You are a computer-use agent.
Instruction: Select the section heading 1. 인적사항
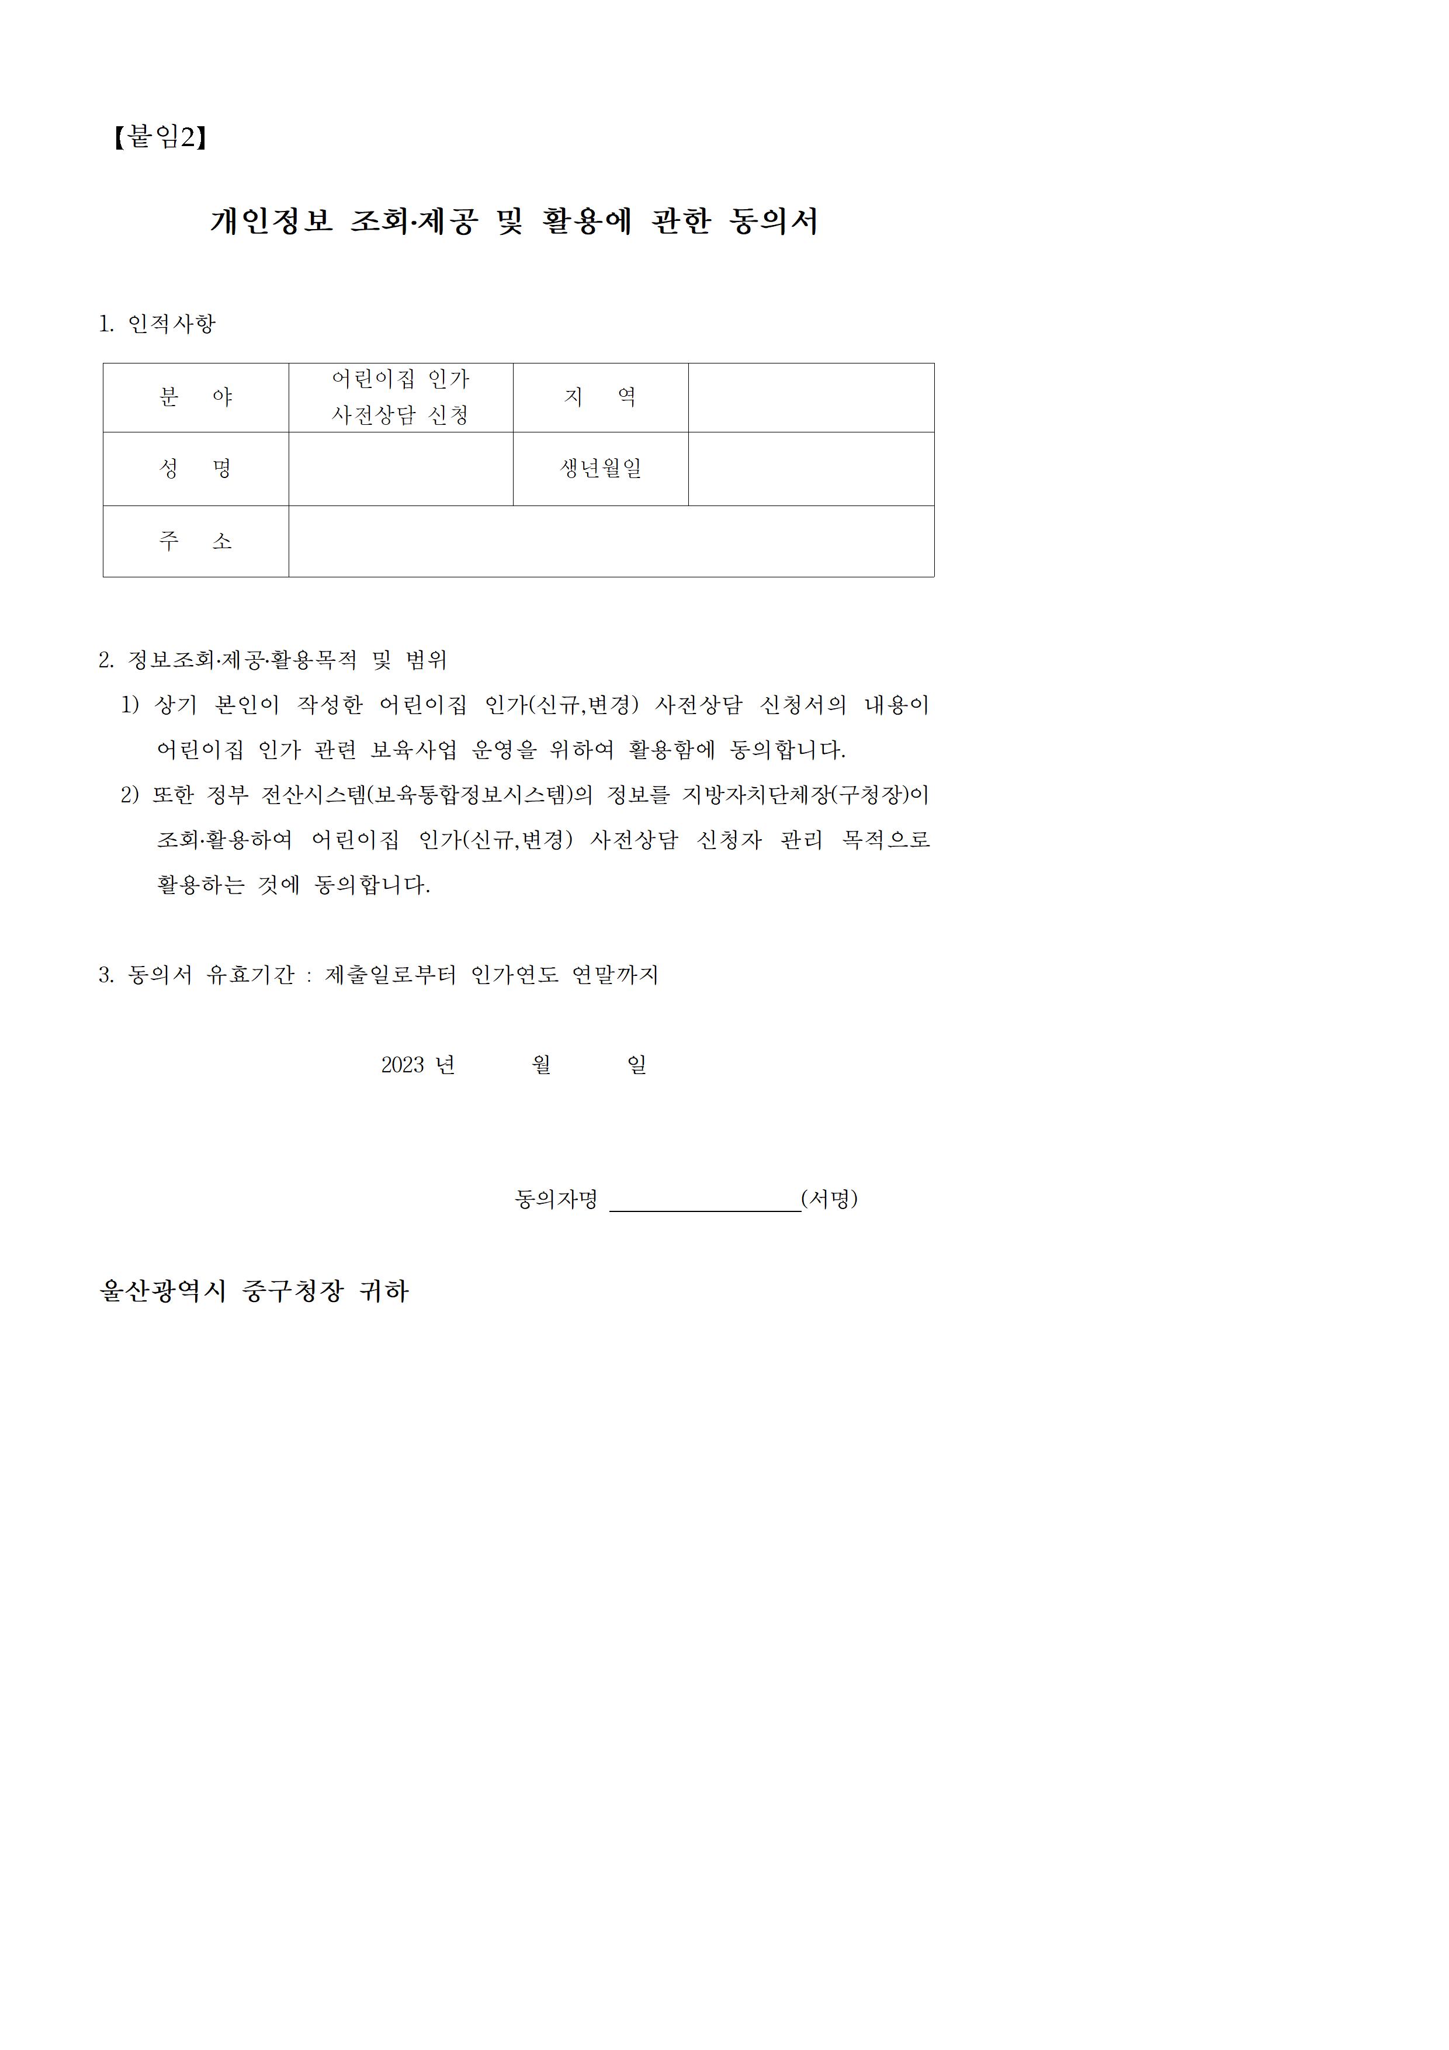(157, 323)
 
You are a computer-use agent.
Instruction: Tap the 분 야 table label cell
(196, 397)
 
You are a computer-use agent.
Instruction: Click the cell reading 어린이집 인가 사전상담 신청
(400, 397)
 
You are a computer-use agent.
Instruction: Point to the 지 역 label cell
(600, 397)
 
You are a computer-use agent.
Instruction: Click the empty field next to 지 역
(810, 397)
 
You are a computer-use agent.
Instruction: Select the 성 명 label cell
(196, 469)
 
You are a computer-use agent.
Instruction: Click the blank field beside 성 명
(400, 469)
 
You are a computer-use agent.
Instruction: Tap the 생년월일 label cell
(600, 469)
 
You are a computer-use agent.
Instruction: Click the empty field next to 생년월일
(810, 469)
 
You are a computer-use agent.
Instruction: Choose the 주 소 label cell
(196, 541)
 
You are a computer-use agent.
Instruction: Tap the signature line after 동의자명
(705, 1200)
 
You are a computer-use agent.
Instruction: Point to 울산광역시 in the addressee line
(164, 1291)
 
